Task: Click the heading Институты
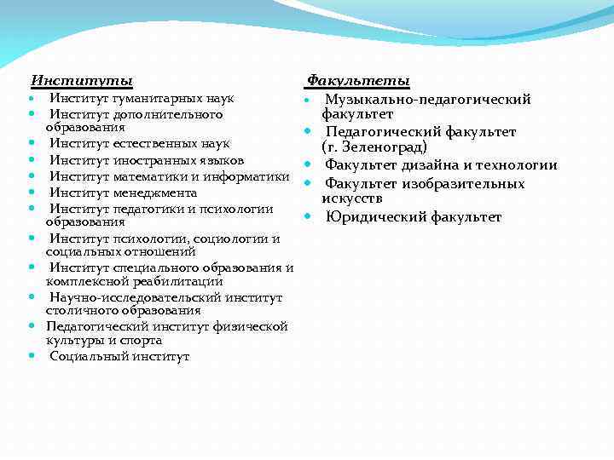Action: [82, 81]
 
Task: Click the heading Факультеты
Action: [358, 81]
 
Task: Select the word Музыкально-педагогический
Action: [428, 100]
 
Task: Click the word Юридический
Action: [376, 217]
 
